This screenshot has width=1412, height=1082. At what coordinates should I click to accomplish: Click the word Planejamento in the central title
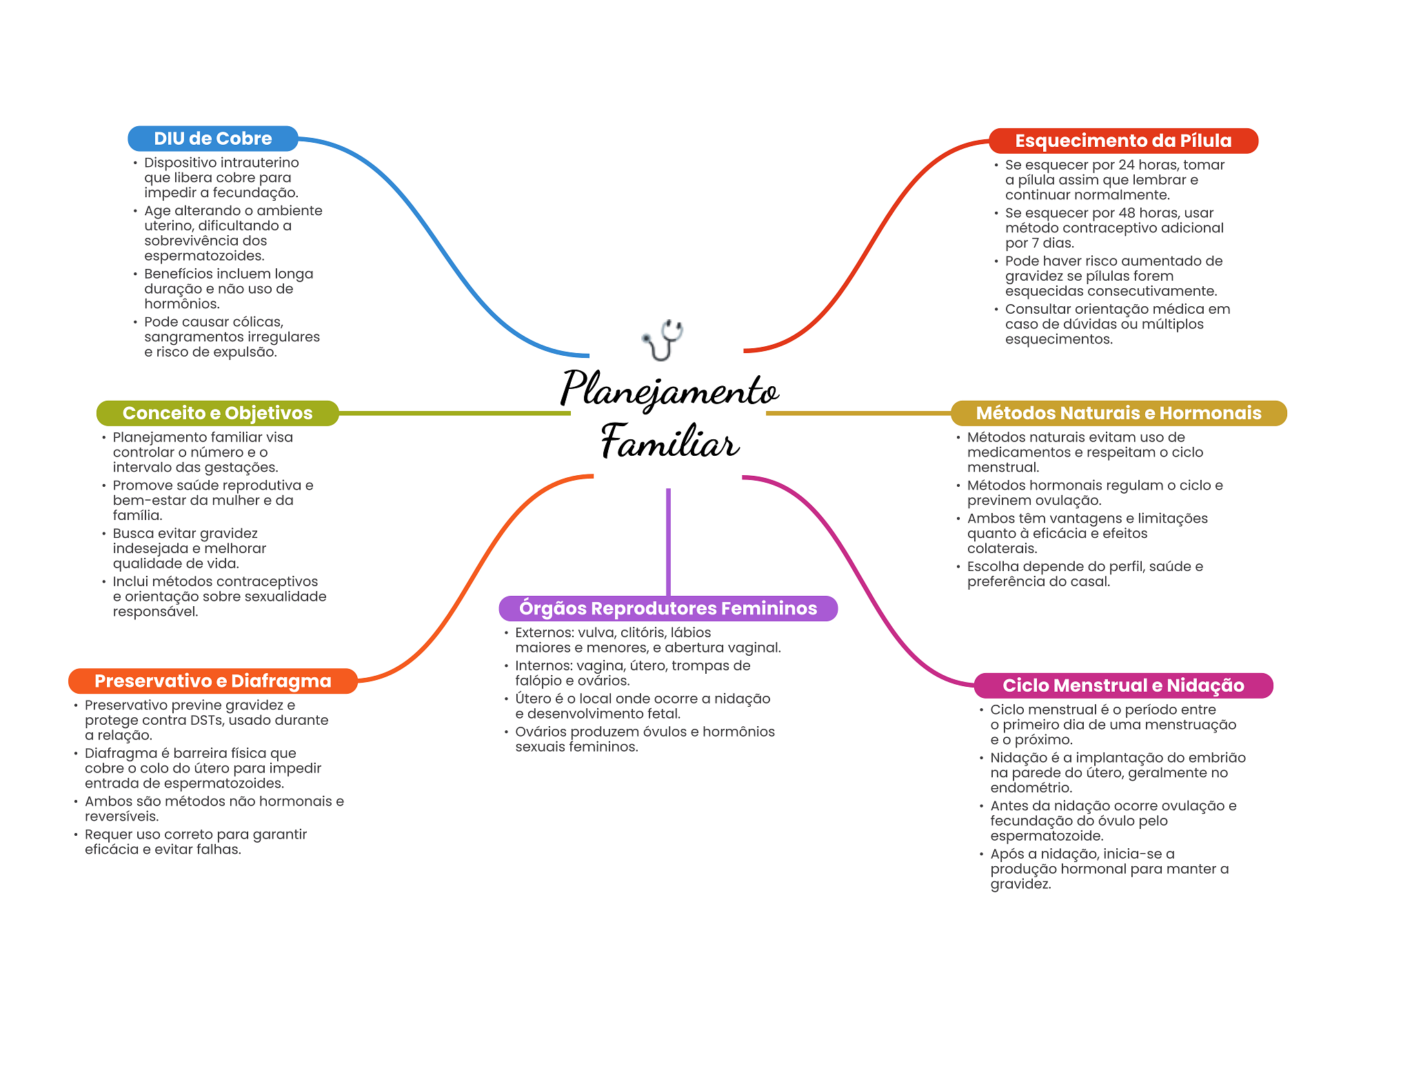point(669,390)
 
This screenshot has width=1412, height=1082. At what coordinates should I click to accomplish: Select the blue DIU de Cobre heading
point(213,139)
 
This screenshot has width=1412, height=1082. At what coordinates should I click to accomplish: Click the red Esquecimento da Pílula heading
point(1123,141)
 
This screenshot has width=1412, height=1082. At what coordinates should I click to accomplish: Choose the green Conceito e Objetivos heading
point(218,413)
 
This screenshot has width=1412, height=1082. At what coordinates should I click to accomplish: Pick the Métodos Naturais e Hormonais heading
point(1119,413)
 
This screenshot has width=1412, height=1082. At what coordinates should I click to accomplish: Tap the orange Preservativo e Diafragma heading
point(213,681)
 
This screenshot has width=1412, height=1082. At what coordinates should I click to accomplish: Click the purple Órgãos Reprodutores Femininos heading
point(668,608)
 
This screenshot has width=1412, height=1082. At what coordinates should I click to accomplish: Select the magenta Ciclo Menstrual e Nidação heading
point(1123,685)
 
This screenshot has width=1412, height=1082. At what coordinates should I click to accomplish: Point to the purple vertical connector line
point(668,542)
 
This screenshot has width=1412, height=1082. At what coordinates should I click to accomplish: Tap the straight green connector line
point(454,413)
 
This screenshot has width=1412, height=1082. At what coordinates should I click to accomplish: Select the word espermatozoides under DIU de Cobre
point(204,256)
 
